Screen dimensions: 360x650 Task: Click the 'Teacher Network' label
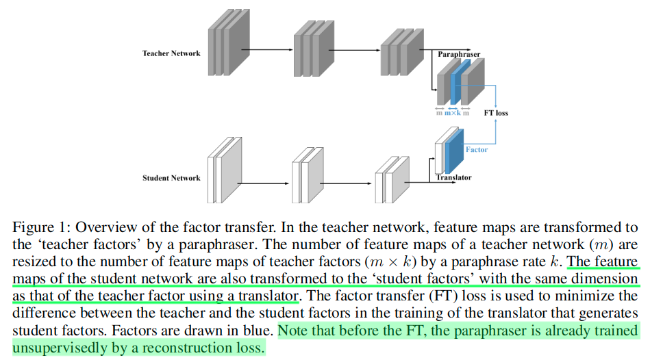click(x=171, y=53)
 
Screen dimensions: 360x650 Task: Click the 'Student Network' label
click(x=171, y=178)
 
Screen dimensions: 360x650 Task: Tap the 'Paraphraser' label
click(x=459, y=53)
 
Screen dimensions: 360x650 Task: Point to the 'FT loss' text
click(x=496, y=113)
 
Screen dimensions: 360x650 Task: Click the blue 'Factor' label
click(x=477, y=149)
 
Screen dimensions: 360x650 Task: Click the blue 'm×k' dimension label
click(x=452, y=113)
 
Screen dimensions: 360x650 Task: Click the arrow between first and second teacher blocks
click(x=267, y=49)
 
